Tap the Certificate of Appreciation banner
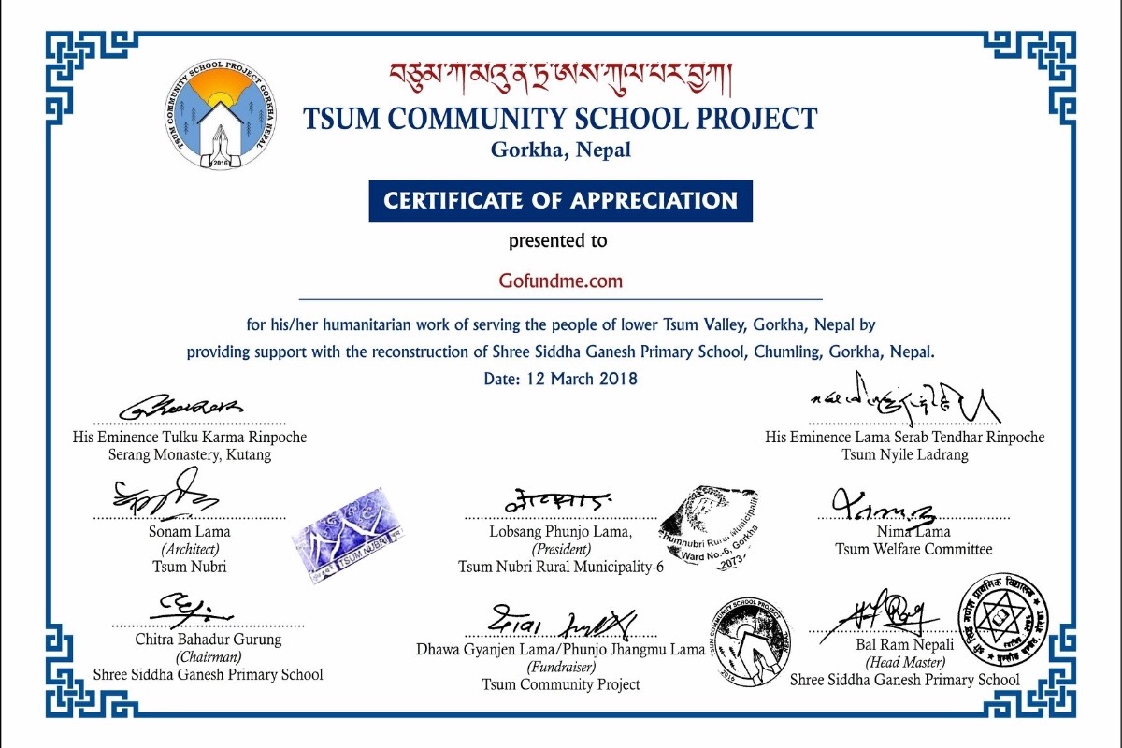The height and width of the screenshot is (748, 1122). (x=560, y=200)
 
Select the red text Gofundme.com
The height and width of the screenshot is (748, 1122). (x=560, y=280)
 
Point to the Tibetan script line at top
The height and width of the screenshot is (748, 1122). (x=560, y=75)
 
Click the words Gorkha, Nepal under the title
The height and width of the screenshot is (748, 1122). (x=560, y=149)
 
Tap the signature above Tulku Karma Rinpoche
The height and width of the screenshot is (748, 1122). (x=182, y=407)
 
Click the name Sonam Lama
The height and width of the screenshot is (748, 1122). (x=190, y=532)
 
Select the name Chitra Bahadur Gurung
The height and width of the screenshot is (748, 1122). (x=208, y=640)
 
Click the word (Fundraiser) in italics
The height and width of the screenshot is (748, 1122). (x=560, y=668)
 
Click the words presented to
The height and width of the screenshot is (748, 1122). (x=557, y=241)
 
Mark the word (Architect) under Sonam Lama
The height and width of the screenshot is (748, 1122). (x=190, y=549)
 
